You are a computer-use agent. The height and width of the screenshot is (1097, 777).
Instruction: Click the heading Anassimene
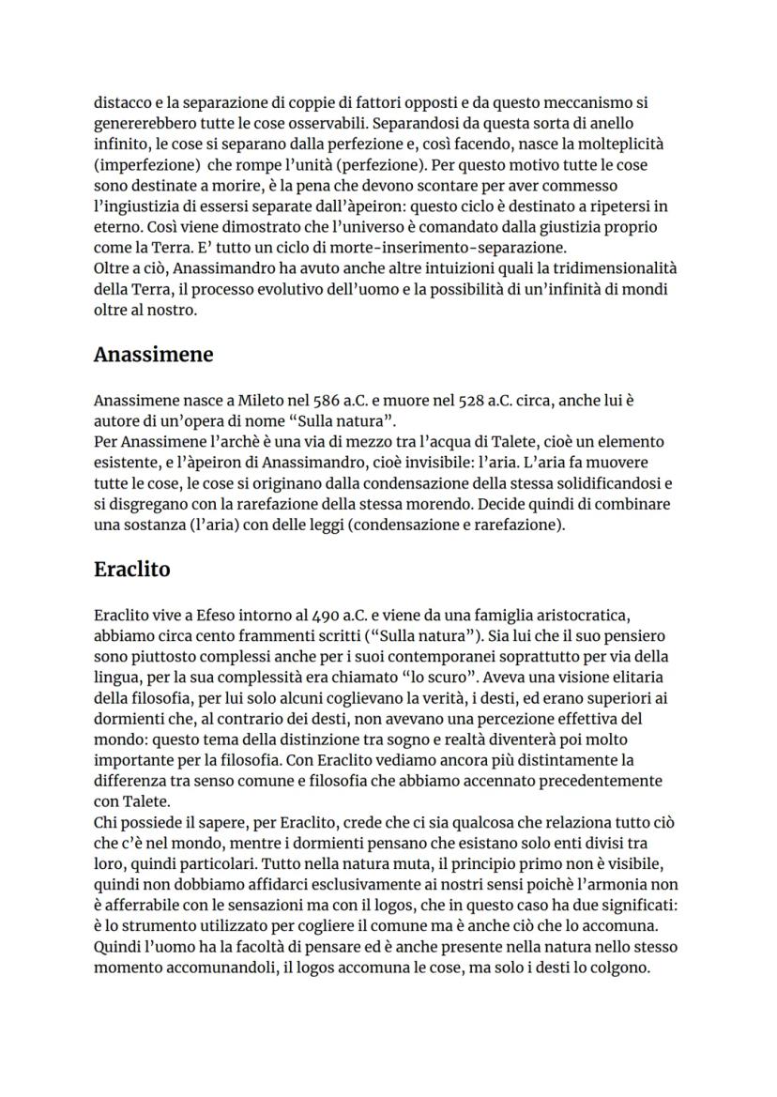click(154, 355)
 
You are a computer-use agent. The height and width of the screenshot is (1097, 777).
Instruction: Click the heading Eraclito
click(131, 569)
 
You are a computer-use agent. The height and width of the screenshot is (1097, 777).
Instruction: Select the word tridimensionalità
click(611, 268)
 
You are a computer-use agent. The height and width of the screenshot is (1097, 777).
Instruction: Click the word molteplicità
click(620, 144)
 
